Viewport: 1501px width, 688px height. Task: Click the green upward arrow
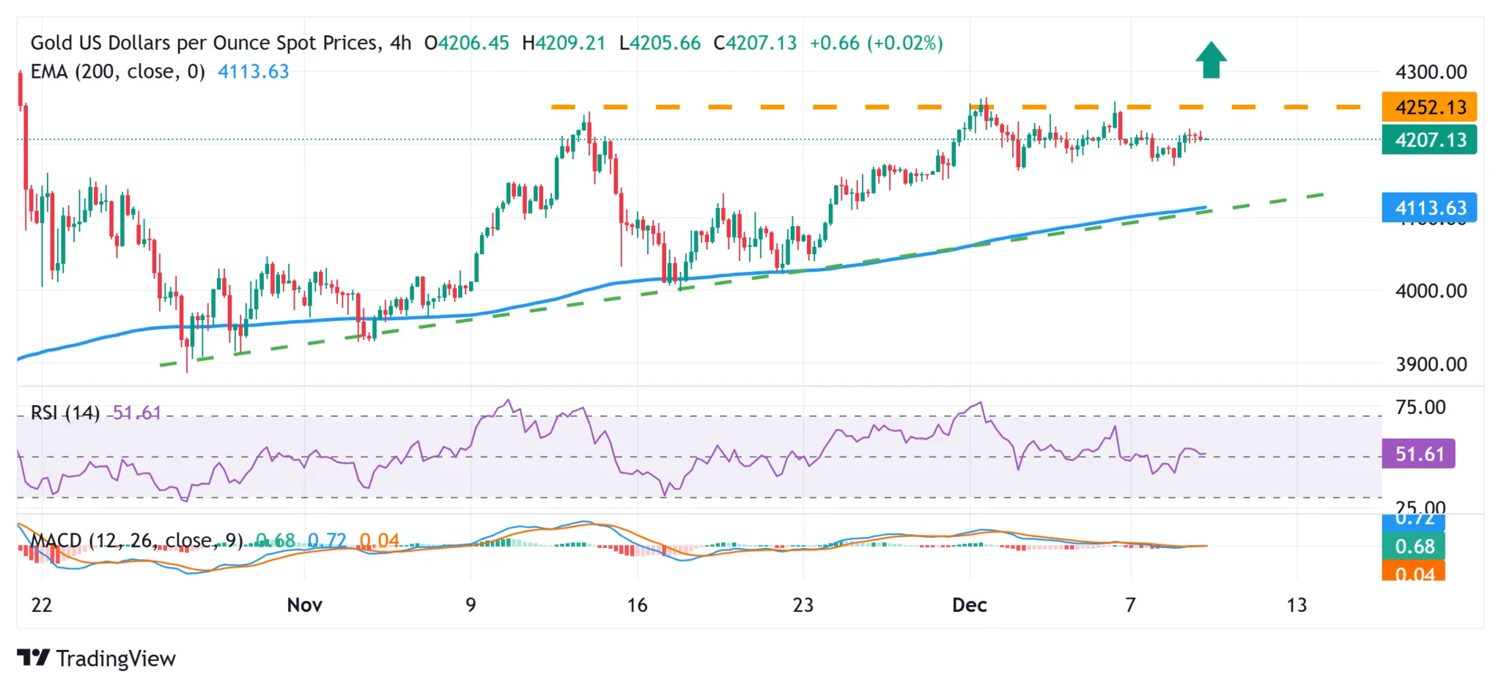(x=1211, y=60)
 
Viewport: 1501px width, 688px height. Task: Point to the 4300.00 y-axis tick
(x=1431, y=73)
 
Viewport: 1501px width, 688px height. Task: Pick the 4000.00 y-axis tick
(x=1431, y=291)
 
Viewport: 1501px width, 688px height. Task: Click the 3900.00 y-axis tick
(x=1431, y=364)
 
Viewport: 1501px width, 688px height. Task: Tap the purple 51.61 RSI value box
(x=1418, y=454)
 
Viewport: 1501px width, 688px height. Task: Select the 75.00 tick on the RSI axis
(x=1420, y=407)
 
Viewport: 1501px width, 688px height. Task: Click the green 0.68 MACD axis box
(x=1414, y=547)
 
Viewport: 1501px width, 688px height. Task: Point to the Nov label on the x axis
(x=304, y=605)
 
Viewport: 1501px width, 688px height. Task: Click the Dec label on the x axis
(x=969, y=605)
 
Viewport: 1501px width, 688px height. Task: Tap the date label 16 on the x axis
(x=637, y=605)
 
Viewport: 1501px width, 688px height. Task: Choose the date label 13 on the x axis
(x=1297, y=605)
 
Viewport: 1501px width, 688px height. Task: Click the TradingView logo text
(x=116, y=659)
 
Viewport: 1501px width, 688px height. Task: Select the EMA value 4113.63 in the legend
(x=253, y=72)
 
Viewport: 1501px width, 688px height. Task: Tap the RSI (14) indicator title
(x=65, y=413)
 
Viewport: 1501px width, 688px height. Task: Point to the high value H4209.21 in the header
(x=564, y=43)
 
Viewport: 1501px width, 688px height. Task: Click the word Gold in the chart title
(x=51, y=43)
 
